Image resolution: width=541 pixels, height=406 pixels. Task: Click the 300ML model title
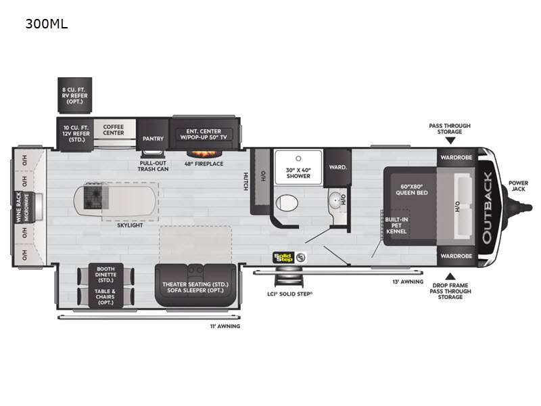coord(47,24)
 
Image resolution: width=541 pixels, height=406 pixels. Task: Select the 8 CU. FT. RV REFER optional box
coord(74,95)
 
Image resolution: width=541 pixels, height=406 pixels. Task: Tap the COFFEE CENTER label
coord(114,130)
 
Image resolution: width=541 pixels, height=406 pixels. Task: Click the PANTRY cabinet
coord(153,134)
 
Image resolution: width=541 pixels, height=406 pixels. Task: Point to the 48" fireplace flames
coord(204,154)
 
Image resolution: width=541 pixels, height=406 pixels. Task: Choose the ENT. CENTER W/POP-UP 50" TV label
coord(204,134)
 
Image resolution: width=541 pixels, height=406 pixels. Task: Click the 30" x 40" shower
coord(298,166)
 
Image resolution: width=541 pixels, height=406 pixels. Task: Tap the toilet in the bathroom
coord(287,202)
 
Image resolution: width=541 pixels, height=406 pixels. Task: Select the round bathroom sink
coord(335,200)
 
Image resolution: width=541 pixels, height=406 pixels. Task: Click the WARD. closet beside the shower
coord(337,167)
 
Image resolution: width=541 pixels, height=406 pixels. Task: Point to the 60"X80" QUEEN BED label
coord(412,189)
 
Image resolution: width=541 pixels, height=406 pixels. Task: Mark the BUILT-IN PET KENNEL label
coord(396,225)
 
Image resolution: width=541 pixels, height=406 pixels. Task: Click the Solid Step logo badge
coord(289,258)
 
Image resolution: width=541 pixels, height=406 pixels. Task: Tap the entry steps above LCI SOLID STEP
coord(289,279)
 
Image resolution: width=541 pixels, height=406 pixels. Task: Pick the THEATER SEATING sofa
coord(195,285)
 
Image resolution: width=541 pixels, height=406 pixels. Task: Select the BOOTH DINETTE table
coord(105,286)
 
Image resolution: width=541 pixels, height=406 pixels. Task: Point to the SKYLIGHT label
coord(130,225)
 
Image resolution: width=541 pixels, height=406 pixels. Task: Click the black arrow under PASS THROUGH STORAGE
coord(450,141)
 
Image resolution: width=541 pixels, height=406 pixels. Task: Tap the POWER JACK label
coord(518,185)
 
